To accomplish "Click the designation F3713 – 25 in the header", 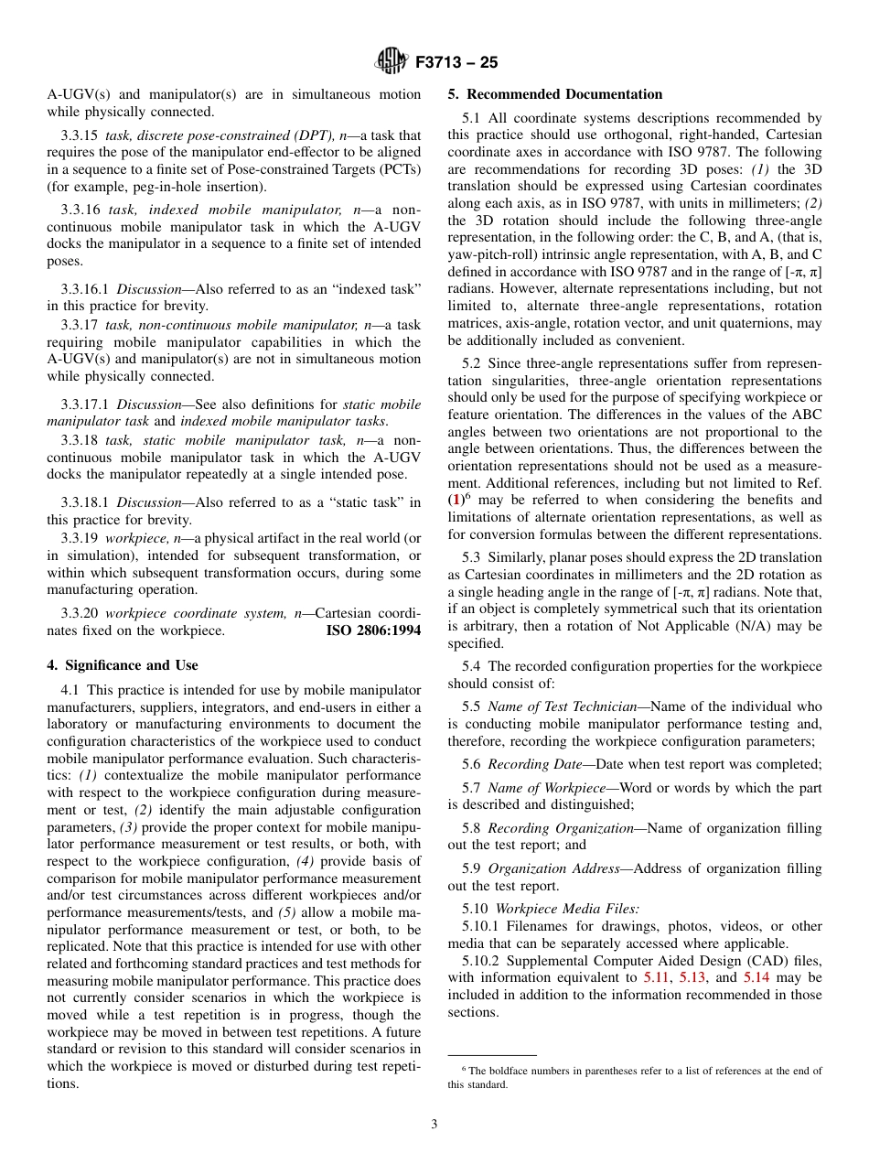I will coord(456,63).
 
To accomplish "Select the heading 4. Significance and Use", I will coord(123,665).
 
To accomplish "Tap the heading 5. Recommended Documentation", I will coord(554,94).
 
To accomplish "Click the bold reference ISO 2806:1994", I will coord(373,630).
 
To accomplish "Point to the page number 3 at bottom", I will coord(434,1124).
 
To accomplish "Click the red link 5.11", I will coord(655,977).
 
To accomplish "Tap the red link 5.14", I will coord(756,977).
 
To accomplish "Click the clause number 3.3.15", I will coord(80,135).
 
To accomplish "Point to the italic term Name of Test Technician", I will coord(562,706).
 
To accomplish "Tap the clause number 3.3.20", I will coord(80,614).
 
